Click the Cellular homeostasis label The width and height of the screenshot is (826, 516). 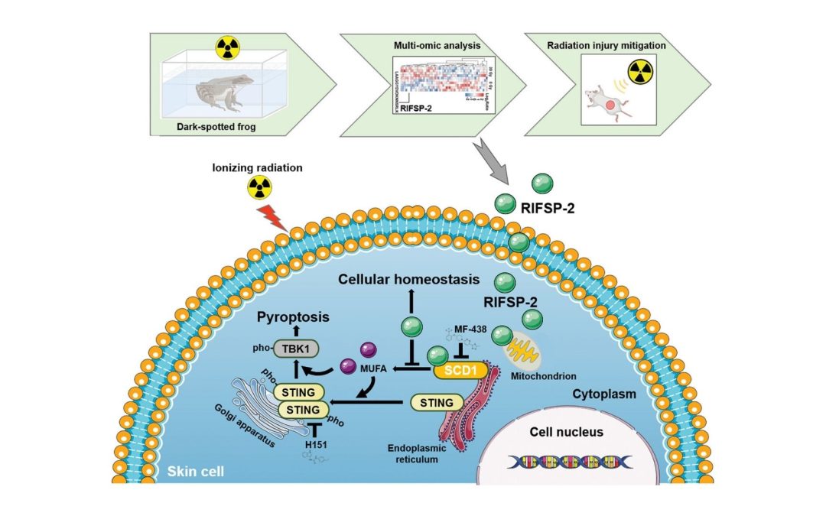[x=409, y=281]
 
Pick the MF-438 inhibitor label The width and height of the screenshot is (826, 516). [x=473, y=329]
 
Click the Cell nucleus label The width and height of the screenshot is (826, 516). [x=567, y=432]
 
